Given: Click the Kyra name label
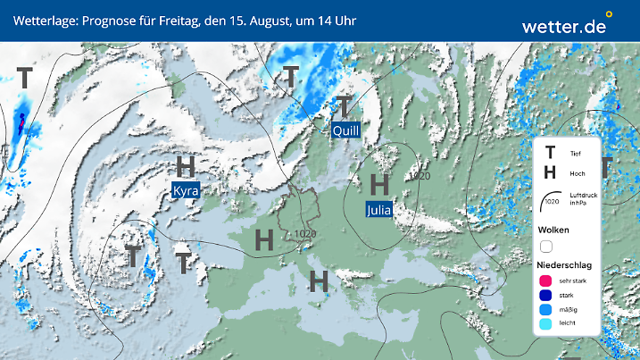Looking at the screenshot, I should (186, 191).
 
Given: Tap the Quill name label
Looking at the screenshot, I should (345, 130).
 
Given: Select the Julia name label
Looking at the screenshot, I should (379, 210).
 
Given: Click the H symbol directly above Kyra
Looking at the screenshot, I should (186, 166).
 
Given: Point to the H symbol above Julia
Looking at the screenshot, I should (379, 185).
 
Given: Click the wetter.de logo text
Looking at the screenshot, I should (563, 26).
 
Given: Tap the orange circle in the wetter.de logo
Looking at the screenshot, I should (610, 14).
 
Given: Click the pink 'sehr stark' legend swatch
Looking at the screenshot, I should (545, 281).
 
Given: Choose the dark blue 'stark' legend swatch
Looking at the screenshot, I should (545, 296).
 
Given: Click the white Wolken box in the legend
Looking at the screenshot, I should (546, 246).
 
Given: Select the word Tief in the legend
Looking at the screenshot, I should (575, 154).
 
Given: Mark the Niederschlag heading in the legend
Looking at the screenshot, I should (565, 265).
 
